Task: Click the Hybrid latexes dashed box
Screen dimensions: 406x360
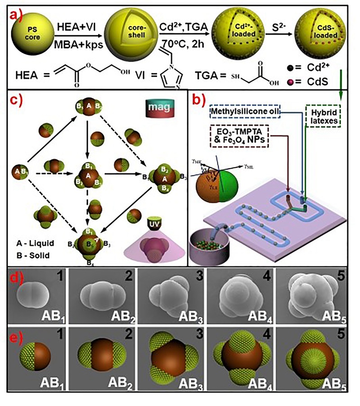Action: (322, 114)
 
